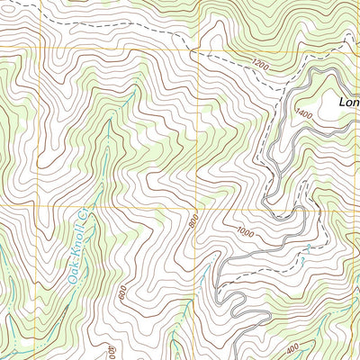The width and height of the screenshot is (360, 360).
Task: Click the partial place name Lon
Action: [x=348, y=103]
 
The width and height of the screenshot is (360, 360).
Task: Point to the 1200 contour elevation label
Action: [x=261, y=65]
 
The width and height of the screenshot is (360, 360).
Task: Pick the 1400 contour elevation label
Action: [x=301, y=114]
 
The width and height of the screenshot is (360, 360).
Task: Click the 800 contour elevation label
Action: [x=193, y=220]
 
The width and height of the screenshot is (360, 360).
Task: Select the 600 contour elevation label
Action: [x=121, y=292]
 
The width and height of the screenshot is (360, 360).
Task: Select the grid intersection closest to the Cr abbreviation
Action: [x=39, y=205]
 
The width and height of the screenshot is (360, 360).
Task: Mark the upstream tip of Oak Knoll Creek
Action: [x=135, y=90]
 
